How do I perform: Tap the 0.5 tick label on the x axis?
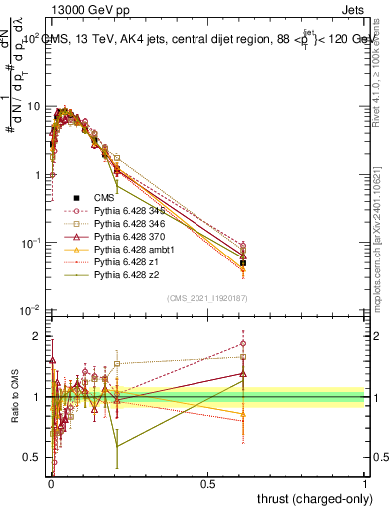(207, 484)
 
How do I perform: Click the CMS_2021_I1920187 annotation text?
(206, 298)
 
